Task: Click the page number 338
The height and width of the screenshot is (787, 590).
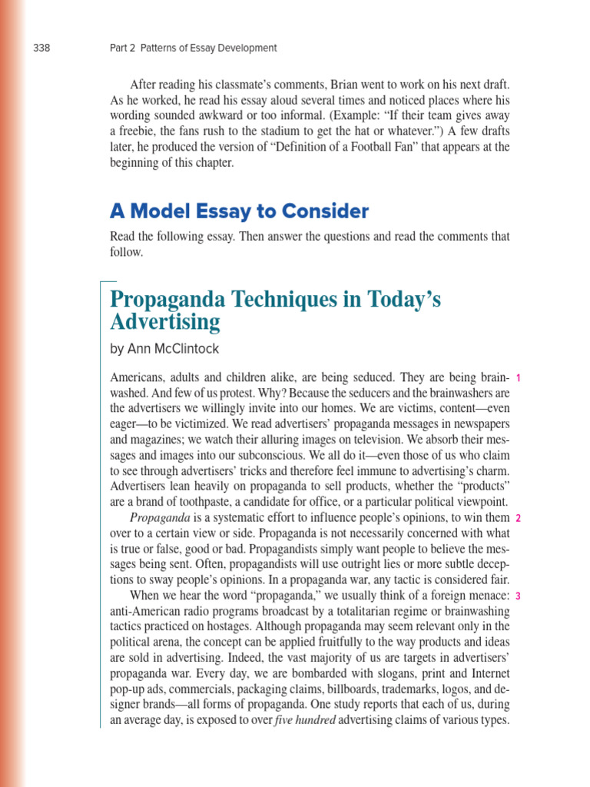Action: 41,48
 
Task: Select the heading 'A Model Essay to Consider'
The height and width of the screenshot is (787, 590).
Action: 239,211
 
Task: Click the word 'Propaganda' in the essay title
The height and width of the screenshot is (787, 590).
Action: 164,299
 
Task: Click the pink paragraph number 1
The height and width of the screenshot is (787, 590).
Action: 519,378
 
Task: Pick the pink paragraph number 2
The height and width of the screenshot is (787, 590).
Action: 519,519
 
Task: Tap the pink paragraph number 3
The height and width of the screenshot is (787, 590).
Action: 519,596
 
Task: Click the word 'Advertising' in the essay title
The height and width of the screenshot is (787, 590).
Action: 165,322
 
